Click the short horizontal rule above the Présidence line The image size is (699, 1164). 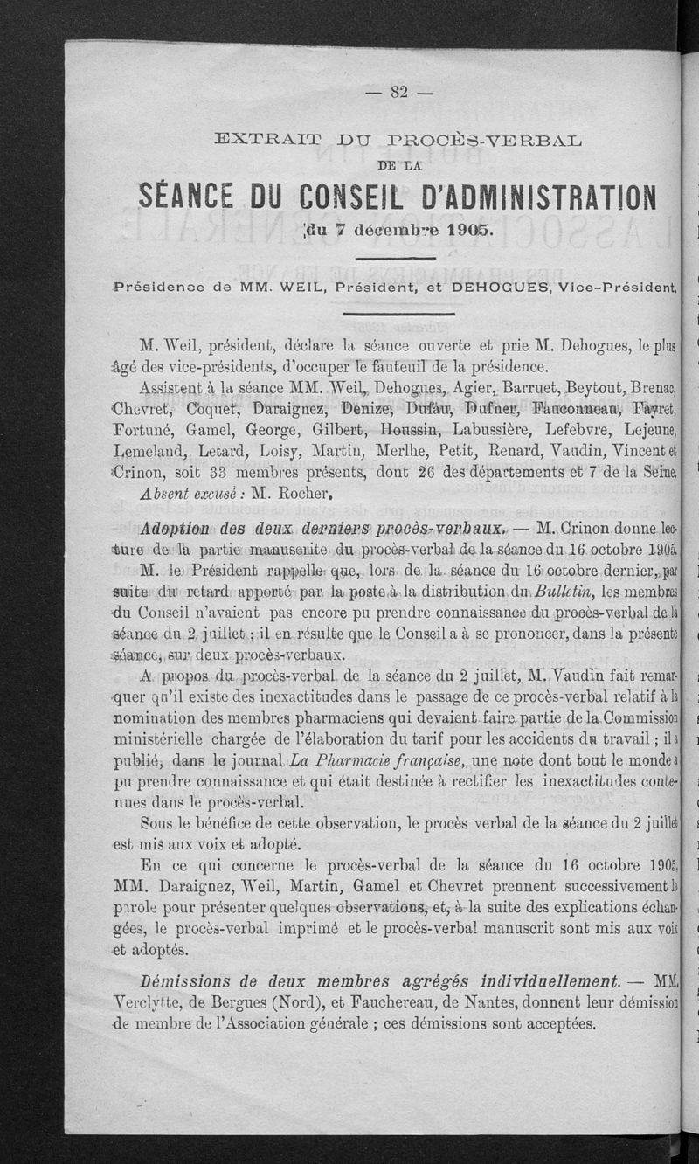[401, 258]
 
